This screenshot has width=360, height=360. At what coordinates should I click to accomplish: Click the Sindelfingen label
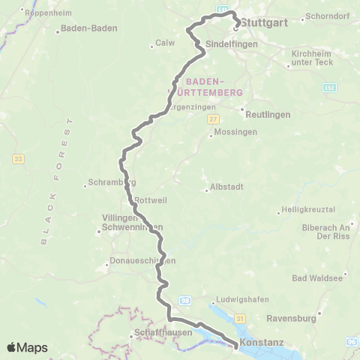232,45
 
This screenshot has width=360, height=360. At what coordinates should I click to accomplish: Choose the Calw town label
164,43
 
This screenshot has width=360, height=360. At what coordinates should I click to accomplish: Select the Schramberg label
111,182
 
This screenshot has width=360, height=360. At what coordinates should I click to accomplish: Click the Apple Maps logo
28,347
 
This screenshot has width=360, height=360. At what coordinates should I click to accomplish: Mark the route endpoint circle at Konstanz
237,346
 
